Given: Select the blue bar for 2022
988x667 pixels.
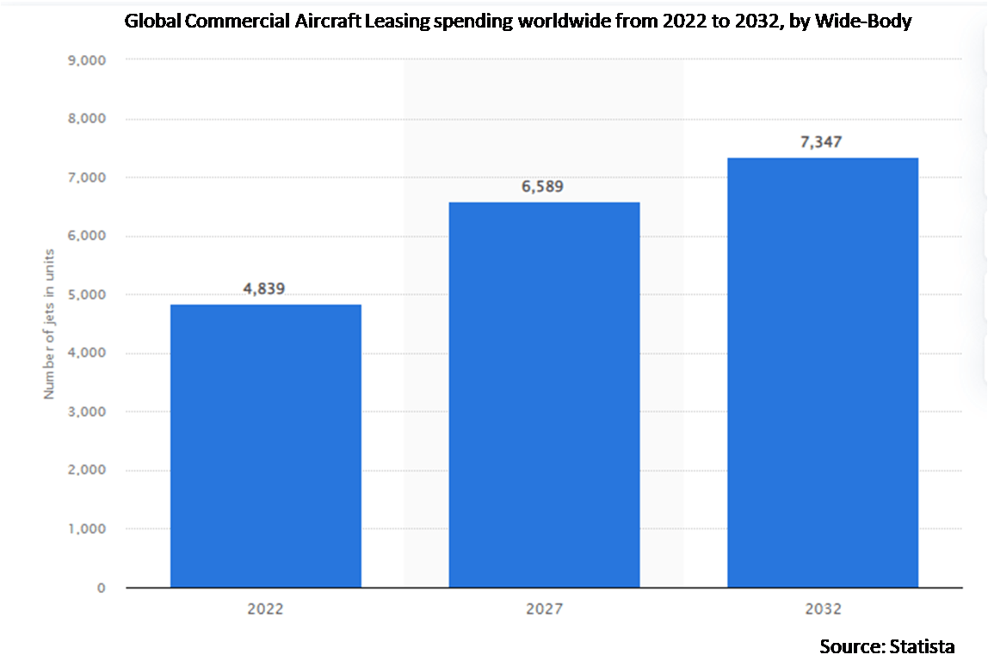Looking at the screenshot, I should tap(265, 446).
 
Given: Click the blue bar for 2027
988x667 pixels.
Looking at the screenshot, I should tap(544, 395).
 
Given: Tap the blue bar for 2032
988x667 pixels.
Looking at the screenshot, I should tap(822, 373).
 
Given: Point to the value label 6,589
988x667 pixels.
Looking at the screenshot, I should tap(543, 187).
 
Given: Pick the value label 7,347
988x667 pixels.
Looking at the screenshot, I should tap(822, 142).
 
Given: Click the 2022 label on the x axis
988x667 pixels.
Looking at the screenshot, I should tap(265, 609).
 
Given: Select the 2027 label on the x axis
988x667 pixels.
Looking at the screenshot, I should tap(544, 609).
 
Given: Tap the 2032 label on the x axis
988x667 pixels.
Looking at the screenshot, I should tap(822, 609).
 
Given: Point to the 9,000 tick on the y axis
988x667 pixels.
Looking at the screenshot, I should tap(87, 60).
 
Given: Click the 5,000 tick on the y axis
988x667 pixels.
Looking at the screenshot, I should tap(87, 294).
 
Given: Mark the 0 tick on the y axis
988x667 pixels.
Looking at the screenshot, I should tap(101, 588).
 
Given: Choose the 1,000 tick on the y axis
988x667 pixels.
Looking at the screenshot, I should tap(87, 529).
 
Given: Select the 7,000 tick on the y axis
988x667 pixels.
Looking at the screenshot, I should tap(87, 177).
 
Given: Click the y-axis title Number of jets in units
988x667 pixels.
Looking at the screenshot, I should tap(49, 324).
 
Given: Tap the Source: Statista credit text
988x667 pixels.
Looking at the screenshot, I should tap(886, 645).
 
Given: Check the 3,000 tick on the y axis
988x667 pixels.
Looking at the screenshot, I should tap(87, 412).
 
